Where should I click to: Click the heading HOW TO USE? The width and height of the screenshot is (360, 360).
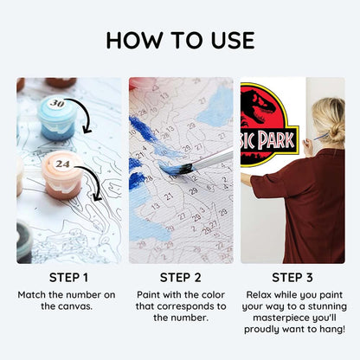[180, 40]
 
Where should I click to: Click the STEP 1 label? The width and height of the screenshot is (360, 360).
[67, 278]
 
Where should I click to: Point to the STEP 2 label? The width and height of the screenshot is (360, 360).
[180, 278]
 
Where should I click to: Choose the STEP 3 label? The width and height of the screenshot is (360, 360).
[292, 278]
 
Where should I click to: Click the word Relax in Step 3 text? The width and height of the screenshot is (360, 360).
[259, 294]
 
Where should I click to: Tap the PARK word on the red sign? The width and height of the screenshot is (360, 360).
[281, 138]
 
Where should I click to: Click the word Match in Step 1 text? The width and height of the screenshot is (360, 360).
[35, 294]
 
